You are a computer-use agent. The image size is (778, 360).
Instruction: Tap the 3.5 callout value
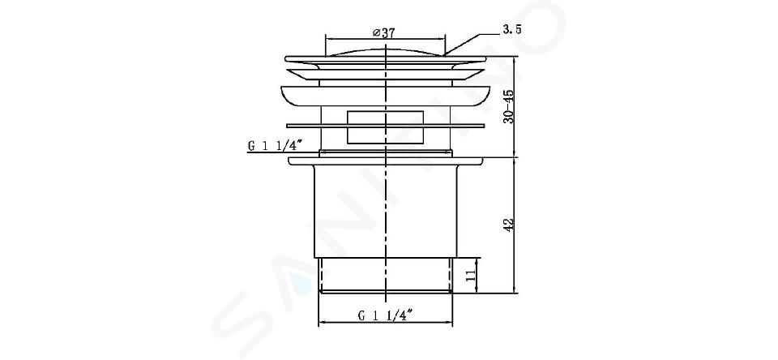(512, 30)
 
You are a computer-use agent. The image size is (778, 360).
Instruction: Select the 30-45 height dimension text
(507, 106)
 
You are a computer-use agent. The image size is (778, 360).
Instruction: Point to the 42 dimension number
(509, 224)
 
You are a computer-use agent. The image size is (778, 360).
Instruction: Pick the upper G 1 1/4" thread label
(276, 145)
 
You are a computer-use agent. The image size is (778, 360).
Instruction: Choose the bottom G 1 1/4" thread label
(386, 315)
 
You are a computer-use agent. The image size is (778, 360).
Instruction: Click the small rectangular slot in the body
(385, 127)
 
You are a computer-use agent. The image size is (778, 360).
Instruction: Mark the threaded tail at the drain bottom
(386, 275)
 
